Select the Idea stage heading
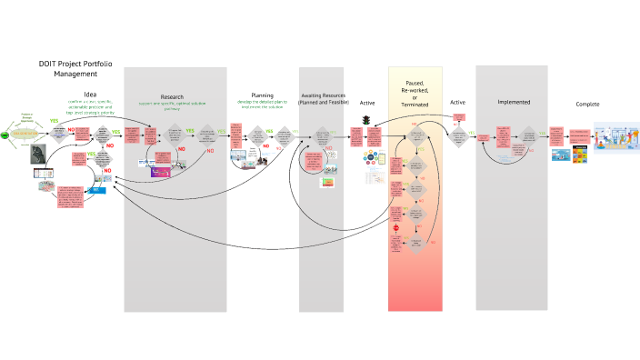[90, 95]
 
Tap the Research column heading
[172, 96]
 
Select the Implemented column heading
[514, 103]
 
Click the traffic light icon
[367, 121]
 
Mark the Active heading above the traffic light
[367, 103]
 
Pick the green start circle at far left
[5, 135]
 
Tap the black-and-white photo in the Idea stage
[37, 153]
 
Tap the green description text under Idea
[90, 111]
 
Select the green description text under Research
[172, 105]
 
